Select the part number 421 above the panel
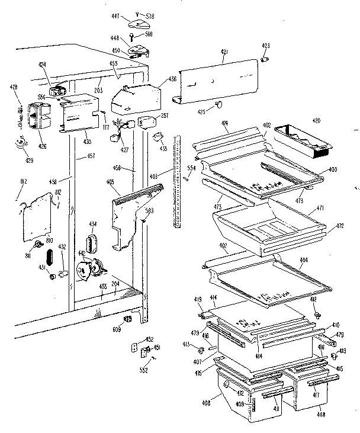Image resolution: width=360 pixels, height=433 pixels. (224, 53)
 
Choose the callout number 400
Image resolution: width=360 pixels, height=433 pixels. (333, 170)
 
